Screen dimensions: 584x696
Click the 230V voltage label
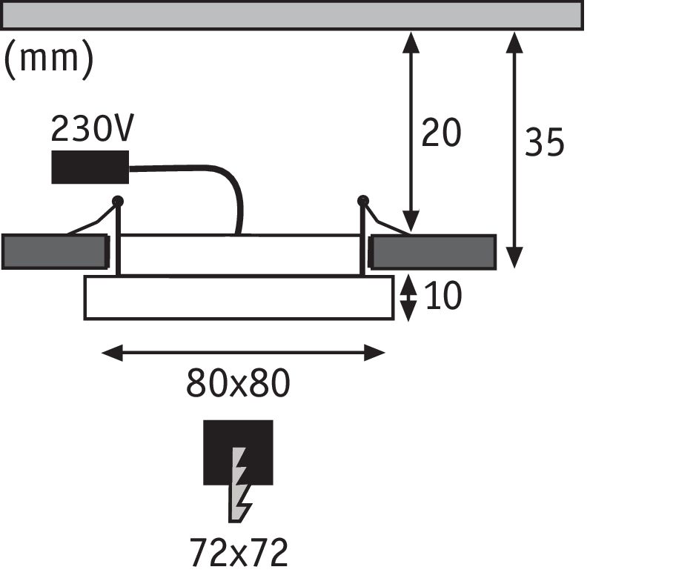(92, 130)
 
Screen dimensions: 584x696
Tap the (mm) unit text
(49, 59)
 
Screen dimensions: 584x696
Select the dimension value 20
(441, 133)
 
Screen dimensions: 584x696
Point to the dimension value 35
(544, 142)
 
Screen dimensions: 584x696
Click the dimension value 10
(443, 296)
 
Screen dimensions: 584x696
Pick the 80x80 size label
(238, 384)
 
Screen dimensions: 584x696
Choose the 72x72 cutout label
(238, 552)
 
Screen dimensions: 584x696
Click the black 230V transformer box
(90, 167)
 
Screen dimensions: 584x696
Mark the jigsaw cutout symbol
(238, 467)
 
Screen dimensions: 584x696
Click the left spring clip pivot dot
(117, 200)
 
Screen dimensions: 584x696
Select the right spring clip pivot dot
(362, 200)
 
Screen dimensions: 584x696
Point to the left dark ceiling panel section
(53, 252)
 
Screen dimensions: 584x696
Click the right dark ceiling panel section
(434, 252)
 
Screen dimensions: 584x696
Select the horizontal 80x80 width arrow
(243, 353)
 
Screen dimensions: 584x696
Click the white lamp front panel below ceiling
(238, 298)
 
